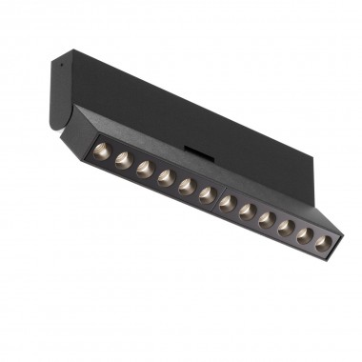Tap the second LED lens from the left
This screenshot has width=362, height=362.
(x=123, y=160)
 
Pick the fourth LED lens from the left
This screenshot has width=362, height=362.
(x=166, y=176)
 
